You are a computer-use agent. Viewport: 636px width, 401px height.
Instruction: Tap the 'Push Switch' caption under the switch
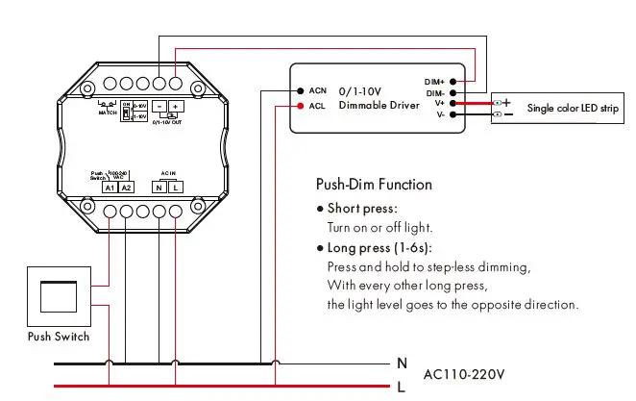[58, 337]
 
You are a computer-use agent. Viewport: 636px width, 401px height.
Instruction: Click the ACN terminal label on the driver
[318, 89]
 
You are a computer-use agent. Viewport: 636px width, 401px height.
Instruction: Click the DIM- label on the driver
[434, 91]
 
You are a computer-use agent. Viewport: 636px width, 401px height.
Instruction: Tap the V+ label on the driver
[438, 103]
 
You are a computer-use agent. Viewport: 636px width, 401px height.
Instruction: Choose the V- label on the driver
[438, 114]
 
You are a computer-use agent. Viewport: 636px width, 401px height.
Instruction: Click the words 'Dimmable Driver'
[379, 105]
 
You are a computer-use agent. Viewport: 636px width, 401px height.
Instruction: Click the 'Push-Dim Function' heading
[374, 184]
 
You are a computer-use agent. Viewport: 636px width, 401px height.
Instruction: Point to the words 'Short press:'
[362, 208]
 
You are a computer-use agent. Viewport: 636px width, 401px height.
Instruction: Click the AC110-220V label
[464, 372]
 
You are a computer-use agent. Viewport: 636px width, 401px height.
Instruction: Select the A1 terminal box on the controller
[110, 187]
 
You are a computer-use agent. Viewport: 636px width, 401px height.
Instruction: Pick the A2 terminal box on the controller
[127, 187]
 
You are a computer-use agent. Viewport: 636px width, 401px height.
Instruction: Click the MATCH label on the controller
[108, 113]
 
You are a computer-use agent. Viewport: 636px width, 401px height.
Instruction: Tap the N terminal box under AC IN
[159, 187]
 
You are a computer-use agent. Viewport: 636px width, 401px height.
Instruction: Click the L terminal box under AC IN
[176, 187]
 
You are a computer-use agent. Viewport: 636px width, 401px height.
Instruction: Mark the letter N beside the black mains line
[402, 363]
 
